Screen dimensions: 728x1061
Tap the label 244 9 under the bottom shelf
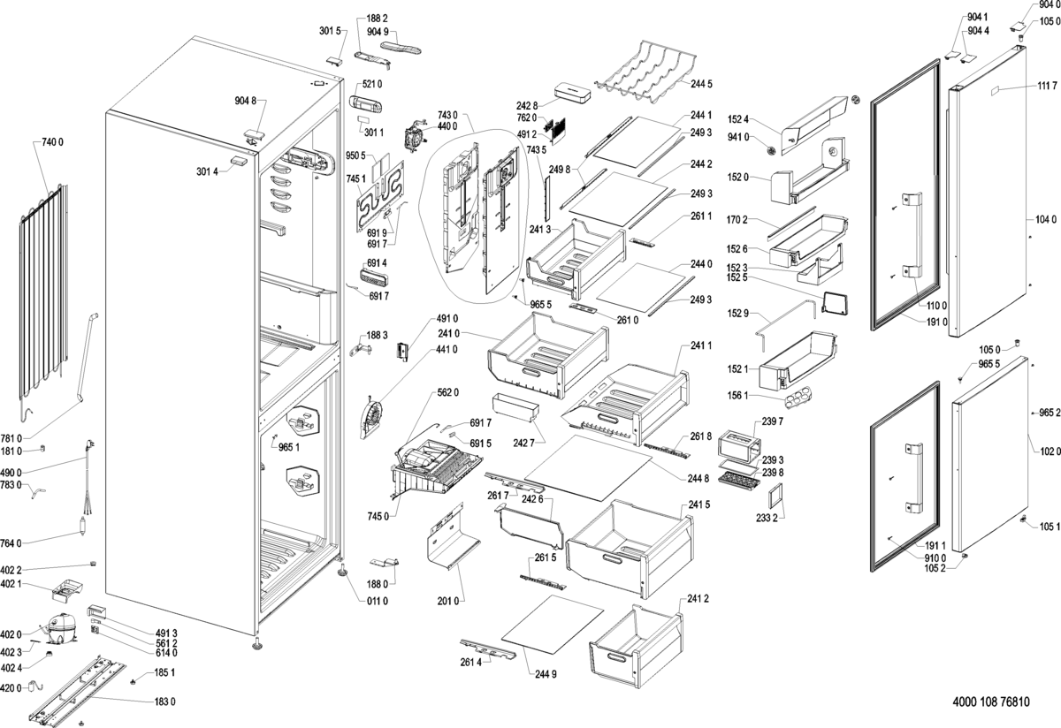click(546, 676)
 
